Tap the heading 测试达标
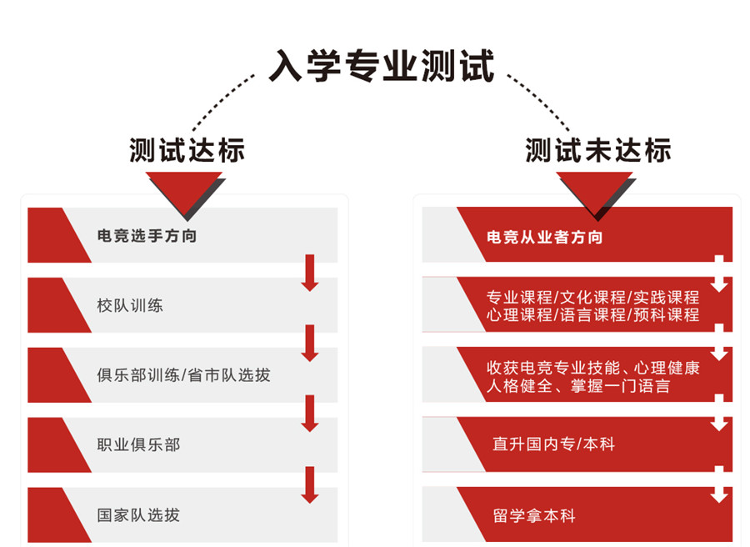point(187,151)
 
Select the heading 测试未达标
point(597,151)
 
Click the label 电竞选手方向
point(147,236)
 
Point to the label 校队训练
point(130,305)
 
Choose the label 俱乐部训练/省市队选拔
point(183,375)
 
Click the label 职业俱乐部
point(138,444)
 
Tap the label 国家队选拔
point(138,514)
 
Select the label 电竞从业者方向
point(544,237)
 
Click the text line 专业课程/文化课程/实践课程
point(592,297)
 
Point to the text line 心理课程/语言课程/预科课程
point(592,315)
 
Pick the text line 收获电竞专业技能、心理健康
point(592,368)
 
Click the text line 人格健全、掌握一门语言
point(578,386)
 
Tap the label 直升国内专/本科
point(553,444)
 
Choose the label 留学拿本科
point(534,515)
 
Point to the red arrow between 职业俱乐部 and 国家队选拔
point(310,484)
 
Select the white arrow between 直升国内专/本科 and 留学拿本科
point(719,484)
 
